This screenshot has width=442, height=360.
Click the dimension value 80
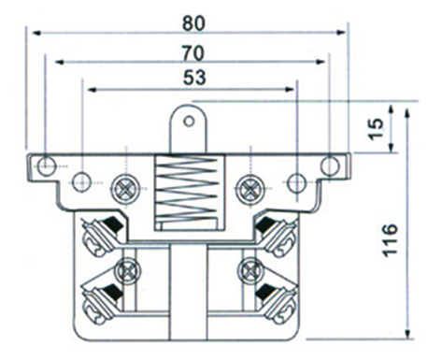(x=193, y=23)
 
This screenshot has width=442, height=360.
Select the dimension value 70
(x=193, y=53)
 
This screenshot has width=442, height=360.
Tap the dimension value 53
(x=194, y=78)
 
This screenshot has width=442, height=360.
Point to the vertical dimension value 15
(x=376, y=129)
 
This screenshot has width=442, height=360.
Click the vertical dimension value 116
(x=391, y=240)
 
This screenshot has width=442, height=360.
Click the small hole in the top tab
(x=189, y=121)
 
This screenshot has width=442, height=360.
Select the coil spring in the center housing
(x=186, y=189)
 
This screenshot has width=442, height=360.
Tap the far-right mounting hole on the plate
(x=330, y=166)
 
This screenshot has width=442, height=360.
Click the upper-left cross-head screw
(x=125, y=189)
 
